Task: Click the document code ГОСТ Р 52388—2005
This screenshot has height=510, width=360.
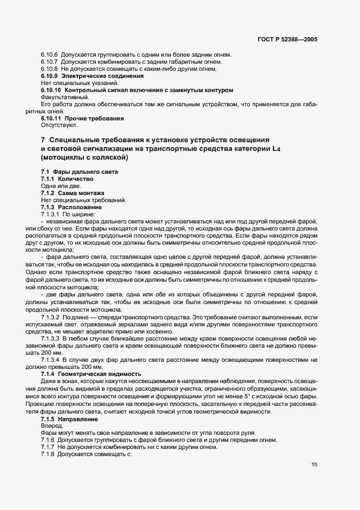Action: [x=287, y=40]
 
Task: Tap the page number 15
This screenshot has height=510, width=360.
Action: [x=314, y=464]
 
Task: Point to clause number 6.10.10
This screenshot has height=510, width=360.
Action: [x=51, y=90]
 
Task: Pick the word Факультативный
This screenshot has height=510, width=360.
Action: [x=60, y=97]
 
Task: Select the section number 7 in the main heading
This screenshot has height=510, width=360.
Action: [x=43, y=141]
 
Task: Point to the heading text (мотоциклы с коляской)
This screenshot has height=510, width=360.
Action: [x=84, y=159]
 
